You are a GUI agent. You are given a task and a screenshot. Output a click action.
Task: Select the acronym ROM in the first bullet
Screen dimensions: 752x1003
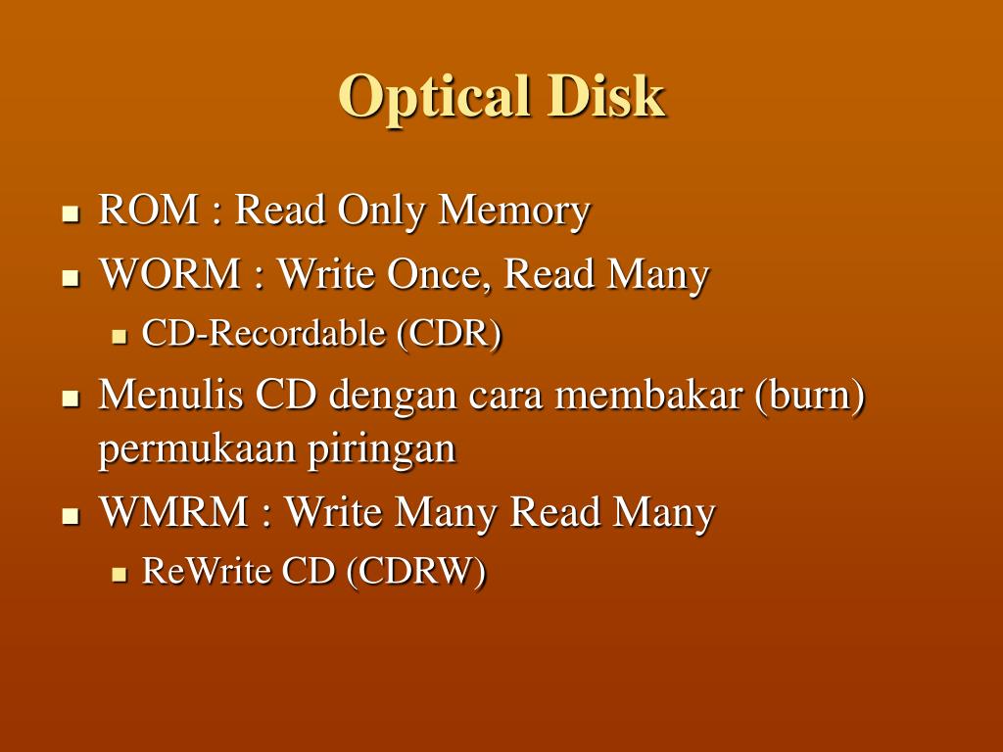tap(145, 210)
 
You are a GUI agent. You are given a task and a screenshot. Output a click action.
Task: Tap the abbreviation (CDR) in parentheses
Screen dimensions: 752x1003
tap(450, 335)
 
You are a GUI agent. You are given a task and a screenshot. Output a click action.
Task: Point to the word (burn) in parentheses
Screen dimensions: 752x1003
tap(810, 397)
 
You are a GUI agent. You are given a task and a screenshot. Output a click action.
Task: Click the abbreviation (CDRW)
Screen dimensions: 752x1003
tap(415, 572)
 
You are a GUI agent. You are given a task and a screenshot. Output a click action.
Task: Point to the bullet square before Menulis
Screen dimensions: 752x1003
tap(70, 399)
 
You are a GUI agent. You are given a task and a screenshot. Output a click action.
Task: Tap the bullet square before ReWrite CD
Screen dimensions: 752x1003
tap(119, 574)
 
